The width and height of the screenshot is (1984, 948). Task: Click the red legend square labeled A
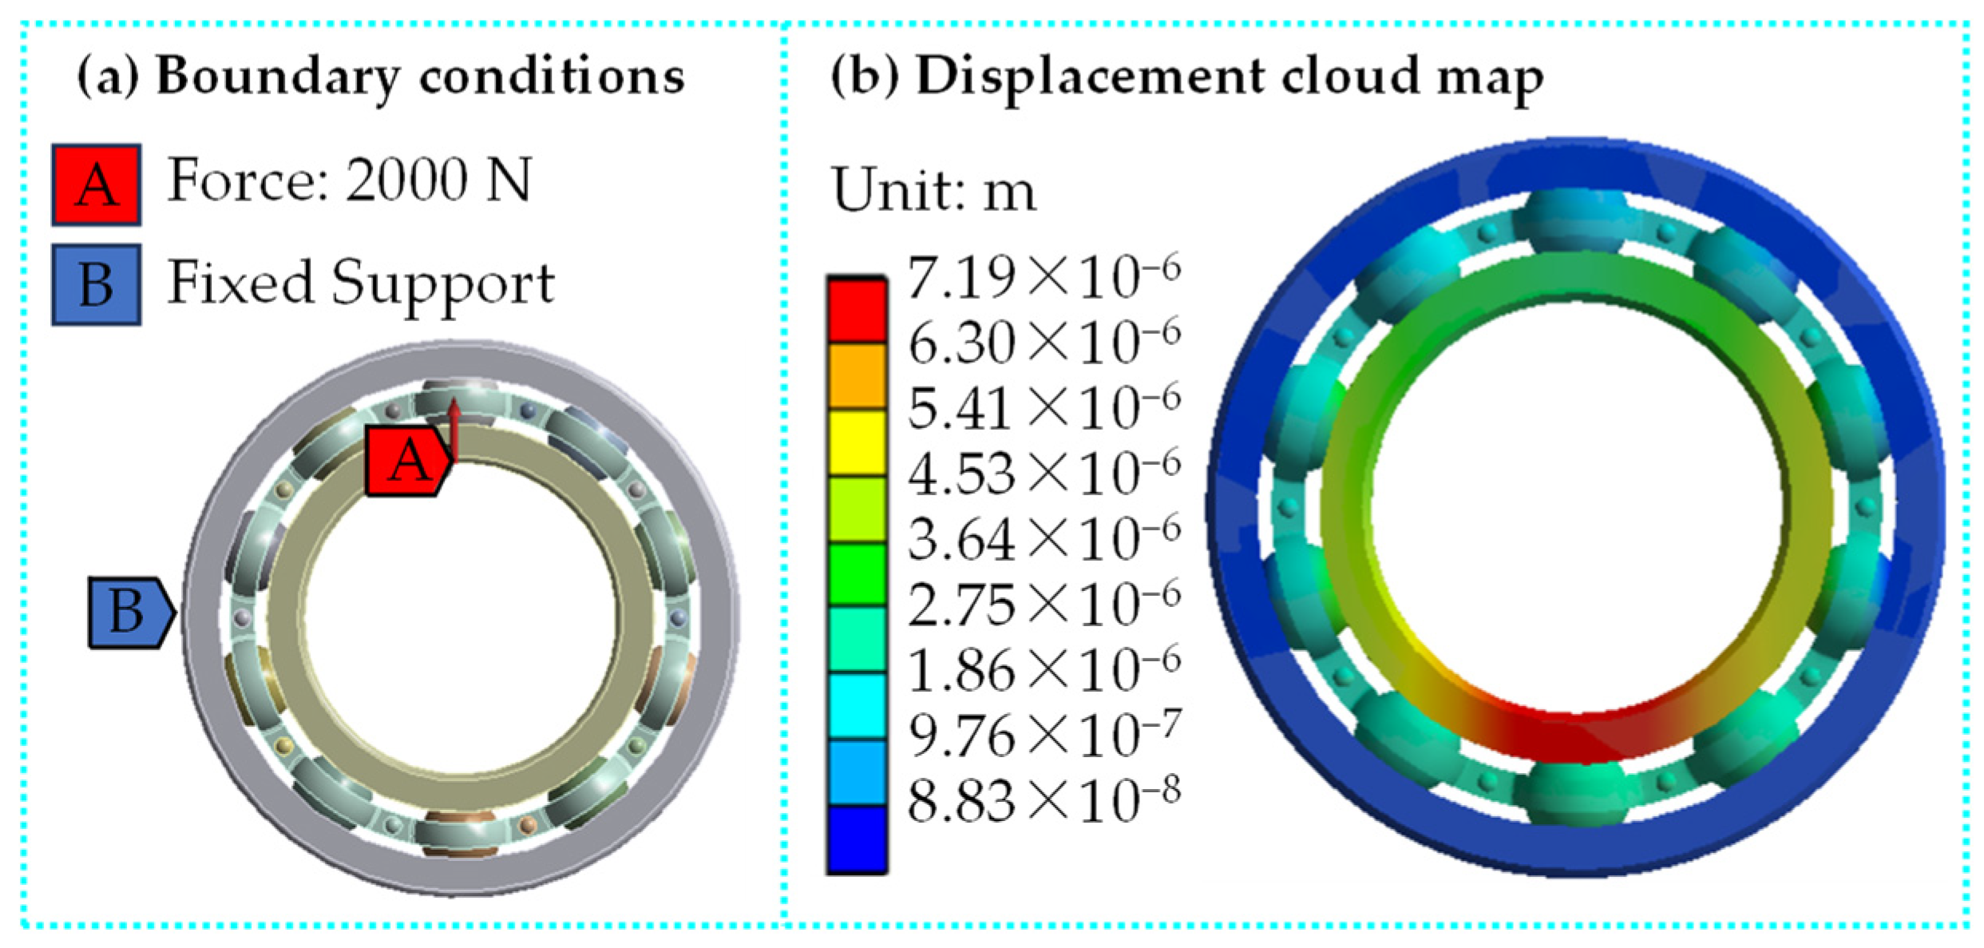coord(97,184)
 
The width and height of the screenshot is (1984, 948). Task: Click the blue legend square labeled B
coord(97,284)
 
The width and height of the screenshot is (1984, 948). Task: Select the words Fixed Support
coord(361,283)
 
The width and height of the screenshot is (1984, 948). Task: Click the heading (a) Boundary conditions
coord(381,77)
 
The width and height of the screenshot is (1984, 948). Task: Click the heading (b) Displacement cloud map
coord(1187,77)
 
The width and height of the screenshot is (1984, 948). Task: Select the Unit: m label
coord(934,190)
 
